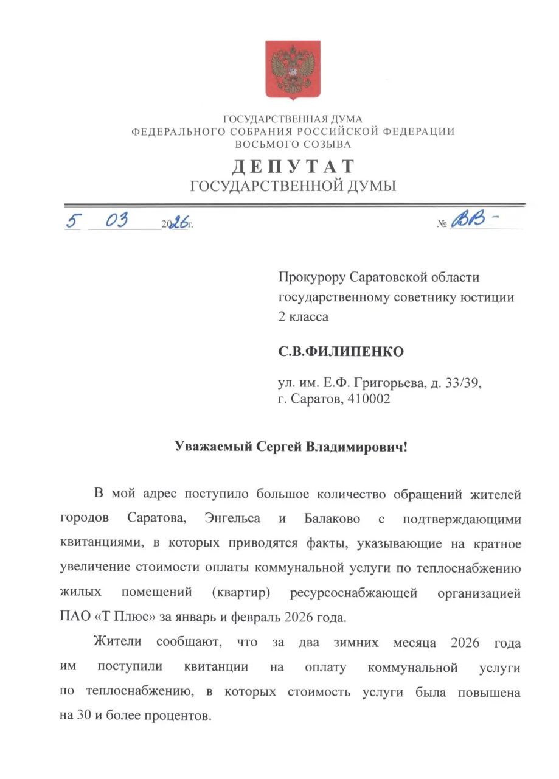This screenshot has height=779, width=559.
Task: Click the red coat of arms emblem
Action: point(292,70)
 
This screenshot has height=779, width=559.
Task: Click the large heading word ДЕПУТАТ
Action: point(293,166)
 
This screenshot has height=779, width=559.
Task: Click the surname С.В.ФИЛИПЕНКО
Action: point(341,352)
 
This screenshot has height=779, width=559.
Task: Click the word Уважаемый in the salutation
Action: point(209,447)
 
